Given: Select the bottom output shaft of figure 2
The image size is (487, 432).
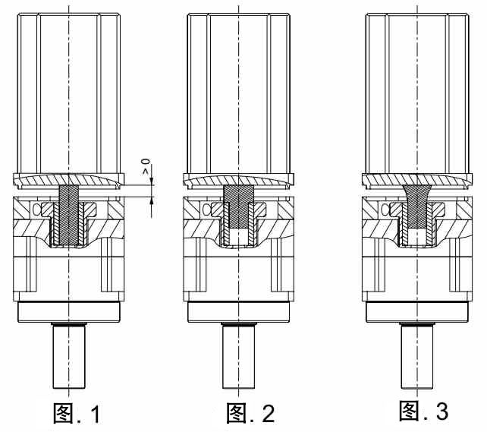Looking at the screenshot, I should [239, 357].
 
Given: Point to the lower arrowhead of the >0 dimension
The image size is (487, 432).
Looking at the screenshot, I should [152, 201].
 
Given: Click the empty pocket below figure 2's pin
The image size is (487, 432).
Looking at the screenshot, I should [239, 237].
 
